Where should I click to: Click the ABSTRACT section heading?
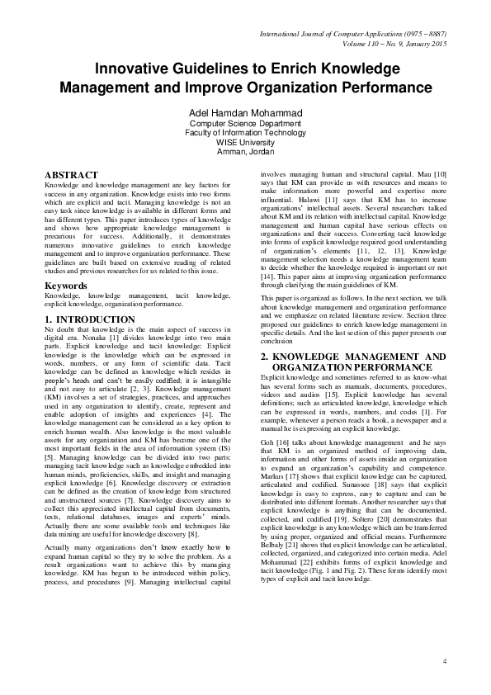[71, 175]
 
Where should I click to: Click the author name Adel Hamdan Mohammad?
[245, 113]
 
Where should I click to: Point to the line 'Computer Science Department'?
[245, 123]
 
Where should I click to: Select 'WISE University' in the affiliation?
[245, 141]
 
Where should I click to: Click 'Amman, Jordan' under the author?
[245, 150]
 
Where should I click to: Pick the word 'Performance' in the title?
[389, 87]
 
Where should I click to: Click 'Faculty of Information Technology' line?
[245, 132]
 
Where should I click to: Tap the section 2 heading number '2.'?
[265, 356]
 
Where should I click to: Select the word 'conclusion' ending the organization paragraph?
[277, 340]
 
